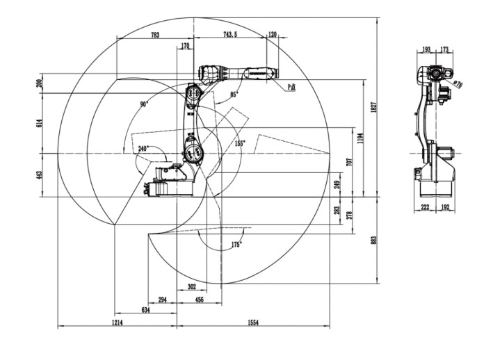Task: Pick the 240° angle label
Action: pyautogui.click(x=144, y=149)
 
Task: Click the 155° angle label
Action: pyautogui.click(x=239, y=143)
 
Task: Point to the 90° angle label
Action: pyautogui.click(x=144, y=104)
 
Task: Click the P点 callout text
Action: pyautogui.click(x=292, y=87)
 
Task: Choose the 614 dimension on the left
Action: pyautogui.click(x=40, y=122)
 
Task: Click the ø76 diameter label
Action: pyautogui.click(x=458, y=83)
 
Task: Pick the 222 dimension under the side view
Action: pyautogui.click(x=426, y=207)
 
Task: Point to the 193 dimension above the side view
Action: pyautogui.click(x=426, y=49)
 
